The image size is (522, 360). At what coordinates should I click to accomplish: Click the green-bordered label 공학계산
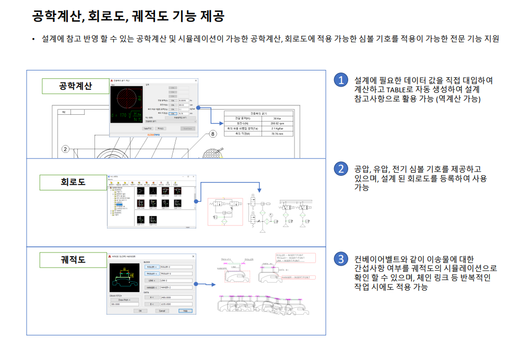click(x=76, y=86)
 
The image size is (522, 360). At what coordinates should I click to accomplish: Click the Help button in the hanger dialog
click(x=183, y=310)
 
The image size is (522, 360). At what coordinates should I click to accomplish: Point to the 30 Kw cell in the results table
click(x=275, y=118)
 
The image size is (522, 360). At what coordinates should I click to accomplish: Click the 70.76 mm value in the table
click(x=275, y=134)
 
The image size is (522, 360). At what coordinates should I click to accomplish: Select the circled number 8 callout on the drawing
click(x=212, y=134)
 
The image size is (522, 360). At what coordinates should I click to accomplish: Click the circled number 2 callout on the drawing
click(x=65, y=149)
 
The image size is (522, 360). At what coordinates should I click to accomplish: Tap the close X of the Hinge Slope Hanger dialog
click(x=194, y=257)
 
